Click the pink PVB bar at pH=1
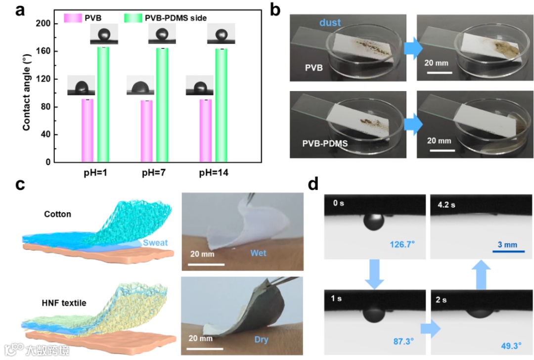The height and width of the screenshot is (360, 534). tap(87, 131)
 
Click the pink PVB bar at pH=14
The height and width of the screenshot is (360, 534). tap(206, 131)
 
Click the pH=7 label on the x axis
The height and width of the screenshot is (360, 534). tap(154, 175)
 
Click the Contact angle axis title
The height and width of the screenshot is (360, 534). tap(26, 93)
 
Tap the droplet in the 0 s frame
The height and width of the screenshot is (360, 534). tap(374, 222)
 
